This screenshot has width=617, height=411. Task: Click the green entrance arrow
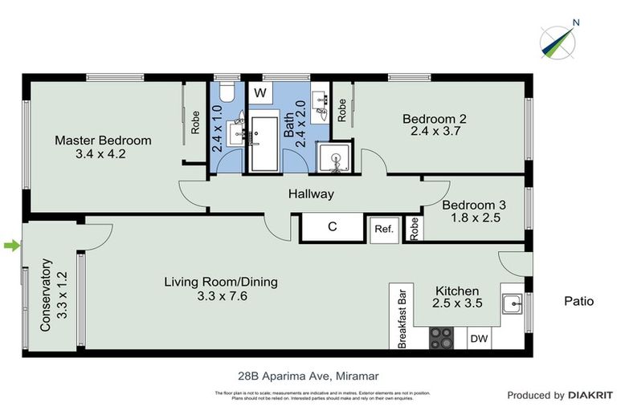pos(10,246)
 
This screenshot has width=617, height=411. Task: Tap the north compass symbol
pos(558,41)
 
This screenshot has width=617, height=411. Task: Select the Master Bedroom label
pos(103,140)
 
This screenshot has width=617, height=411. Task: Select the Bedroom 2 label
pos(434,119)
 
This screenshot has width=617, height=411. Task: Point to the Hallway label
pos(311,194)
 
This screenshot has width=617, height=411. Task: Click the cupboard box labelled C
pos(331,227)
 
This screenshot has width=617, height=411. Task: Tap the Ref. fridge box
pos(384,230)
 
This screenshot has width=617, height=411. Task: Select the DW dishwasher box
pos(479,339)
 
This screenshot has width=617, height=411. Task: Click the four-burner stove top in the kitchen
pos(441,338)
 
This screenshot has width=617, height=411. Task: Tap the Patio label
pos(578,302)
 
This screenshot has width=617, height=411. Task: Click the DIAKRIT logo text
pos(590,395)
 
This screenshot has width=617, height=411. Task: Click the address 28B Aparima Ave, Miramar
pos(308,375)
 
